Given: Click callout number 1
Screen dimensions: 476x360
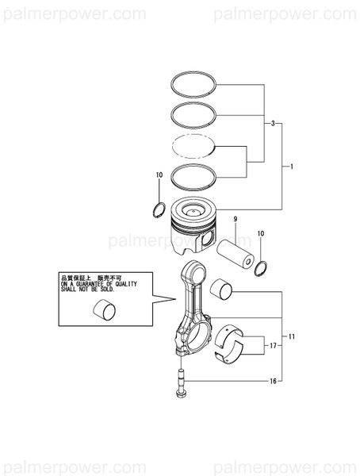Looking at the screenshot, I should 292,167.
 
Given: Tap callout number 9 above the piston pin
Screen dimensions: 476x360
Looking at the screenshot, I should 235,219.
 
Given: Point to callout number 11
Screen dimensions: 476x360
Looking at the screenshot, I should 292,337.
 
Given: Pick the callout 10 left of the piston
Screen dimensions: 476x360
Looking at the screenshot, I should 159,175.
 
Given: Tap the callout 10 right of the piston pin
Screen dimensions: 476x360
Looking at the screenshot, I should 260,234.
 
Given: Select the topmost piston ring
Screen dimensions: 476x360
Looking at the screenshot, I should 193,80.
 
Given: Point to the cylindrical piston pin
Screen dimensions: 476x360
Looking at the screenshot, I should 236,248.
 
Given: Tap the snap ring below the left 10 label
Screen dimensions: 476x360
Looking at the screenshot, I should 159,209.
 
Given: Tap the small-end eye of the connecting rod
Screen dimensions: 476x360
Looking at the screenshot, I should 191,274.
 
